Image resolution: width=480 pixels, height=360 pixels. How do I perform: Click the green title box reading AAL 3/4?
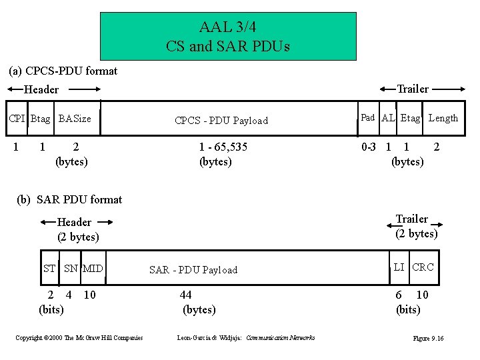(x=228, y=36)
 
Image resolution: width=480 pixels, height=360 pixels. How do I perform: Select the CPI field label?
(x=17, y=119)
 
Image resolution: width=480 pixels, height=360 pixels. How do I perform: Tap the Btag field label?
(x=40, y=119)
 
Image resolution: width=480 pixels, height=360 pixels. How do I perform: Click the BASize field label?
(x=75, y=119)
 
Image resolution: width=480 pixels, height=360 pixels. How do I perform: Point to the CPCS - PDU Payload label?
(x=221, y=121)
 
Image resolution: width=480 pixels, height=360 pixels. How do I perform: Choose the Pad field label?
(x=368, y=117)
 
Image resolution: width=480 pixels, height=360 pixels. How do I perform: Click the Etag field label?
(x=410, y=118)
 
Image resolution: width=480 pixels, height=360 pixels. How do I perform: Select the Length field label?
(x=443, y=118)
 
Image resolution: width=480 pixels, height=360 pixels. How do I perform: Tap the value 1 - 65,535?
(x=223, y=147)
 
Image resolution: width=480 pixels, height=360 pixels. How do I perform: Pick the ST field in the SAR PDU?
(x=49, y=269)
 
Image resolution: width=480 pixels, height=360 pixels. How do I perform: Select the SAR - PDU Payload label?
(x=193, y=270)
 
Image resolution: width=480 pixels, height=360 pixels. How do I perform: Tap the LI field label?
(x=399, y=267)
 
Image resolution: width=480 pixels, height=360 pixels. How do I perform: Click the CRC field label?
(x=423, y=267)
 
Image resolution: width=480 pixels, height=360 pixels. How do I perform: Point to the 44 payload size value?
(x=186, y=295)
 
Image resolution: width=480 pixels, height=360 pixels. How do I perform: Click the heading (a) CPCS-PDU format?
(x=63, y=71)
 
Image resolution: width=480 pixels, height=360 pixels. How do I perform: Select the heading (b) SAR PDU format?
(x=70, y=199)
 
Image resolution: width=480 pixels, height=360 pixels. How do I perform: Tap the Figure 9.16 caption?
(x=428, y=339)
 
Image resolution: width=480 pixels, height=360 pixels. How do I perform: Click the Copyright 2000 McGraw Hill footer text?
(x=79, y=338)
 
